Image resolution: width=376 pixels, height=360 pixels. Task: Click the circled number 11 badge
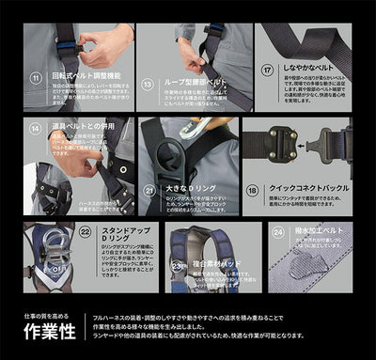[x=36, y=72]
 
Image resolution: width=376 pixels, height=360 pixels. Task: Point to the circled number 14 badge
[x=36, y=128]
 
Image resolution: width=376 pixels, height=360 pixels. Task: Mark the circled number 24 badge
[x=277, y=229]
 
